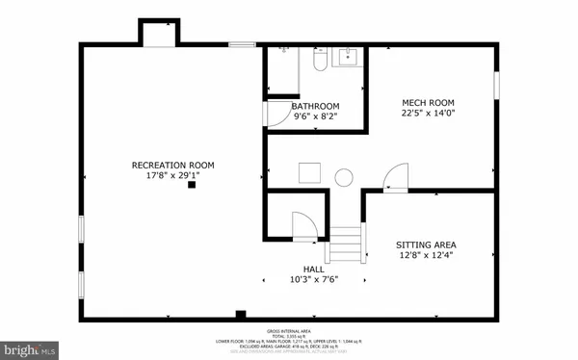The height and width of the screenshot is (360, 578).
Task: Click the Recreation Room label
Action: click(172, 165)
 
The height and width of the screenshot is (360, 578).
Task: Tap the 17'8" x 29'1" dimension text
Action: click(172, 176)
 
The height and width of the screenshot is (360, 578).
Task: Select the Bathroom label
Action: click(316, 106)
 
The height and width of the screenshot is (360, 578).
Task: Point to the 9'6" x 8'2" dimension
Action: click(316, 117)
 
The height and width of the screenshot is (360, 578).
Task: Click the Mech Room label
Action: click(428, 102)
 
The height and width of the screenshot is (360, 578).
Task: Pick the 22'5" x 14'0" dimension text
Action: click(428, 114)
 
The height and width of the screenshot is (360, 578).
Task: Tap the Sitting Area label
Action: click(427, 244)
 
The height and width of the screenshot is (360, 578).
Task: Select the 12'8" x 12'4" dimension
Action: click(427, 256)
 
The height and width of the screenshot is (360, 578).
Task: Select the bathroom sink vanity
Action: click(346, 58)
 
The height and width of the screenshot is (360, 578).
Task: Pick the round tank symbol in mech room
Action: click(344, 176)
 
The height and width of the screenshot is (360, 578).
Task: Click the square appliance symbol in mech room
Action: click(308, 173)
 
